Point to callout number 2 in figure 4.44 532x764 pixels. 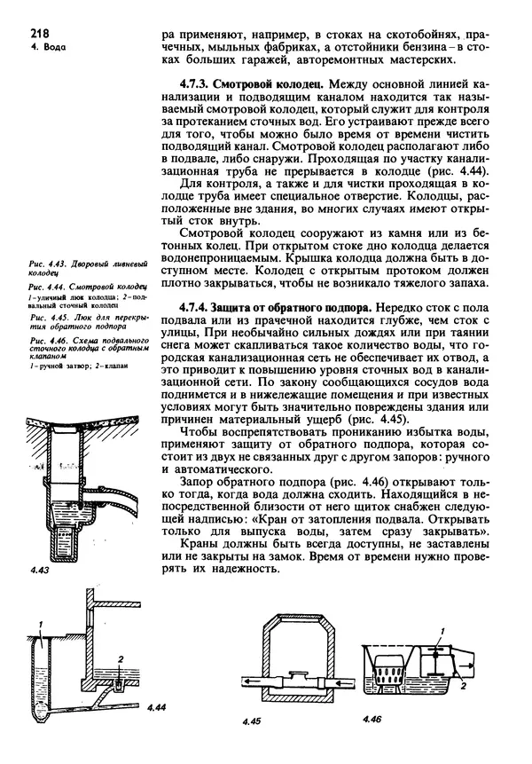pyautogui.click(x=121, y=658)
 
